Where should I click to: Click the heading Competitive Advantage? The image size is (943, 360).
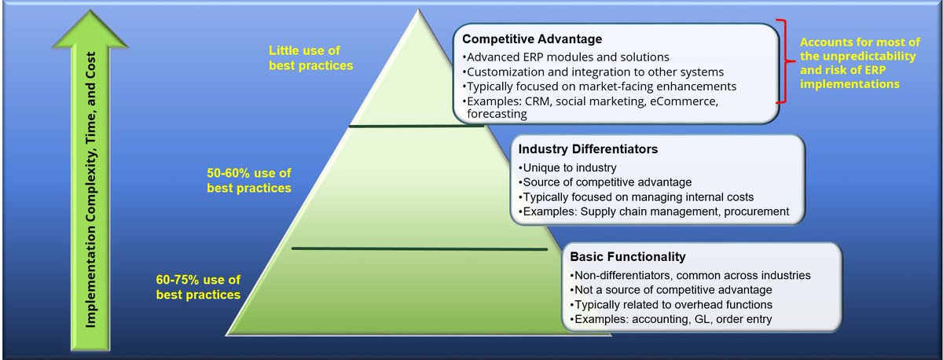pyautogui.click(x=532, y=39)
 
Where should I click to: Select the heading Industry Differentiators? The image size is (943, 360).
pyautogui.click(x=588, y=149)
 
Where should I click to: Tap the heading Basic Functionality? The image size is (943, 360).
pyautogui.click(x=628, y=257)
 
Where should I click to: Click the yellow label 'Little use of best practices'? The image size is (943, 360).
pyautogui.click(x=310, y=58)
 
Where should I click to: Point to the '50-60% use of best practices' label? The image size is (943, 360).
pyautogui.click(x=249, y=181)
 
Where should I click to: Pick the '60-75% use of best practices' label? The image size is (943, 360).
pyautogui.click(x=198, y=287)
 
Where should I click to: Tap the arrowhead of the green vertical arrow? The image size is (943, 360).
pyautogui.click(x=90, y=28)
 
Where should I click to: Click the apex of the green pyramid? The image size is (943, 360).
pyautogui.click(x=418, y=9)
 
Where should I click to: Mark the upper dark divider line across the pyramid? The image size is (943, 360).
pyautogui.click(x=416, y=126)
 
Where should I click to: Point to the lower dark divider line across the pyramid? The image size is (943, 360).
pyautogui.click(x=420, y=249)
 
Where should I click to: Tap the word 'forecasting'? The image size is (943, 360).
pyautogui.click(x=497, y=114)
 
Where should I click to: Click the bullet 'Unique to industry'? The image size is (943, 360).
pyautogui.click(x=567, y=167)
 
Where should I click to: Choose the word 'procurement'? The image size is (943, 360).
pyautogui.click(x=757, y=211)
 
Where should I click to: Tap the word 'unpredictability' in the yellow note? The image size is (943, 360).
pyautogui.click(x=869, y=57)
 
